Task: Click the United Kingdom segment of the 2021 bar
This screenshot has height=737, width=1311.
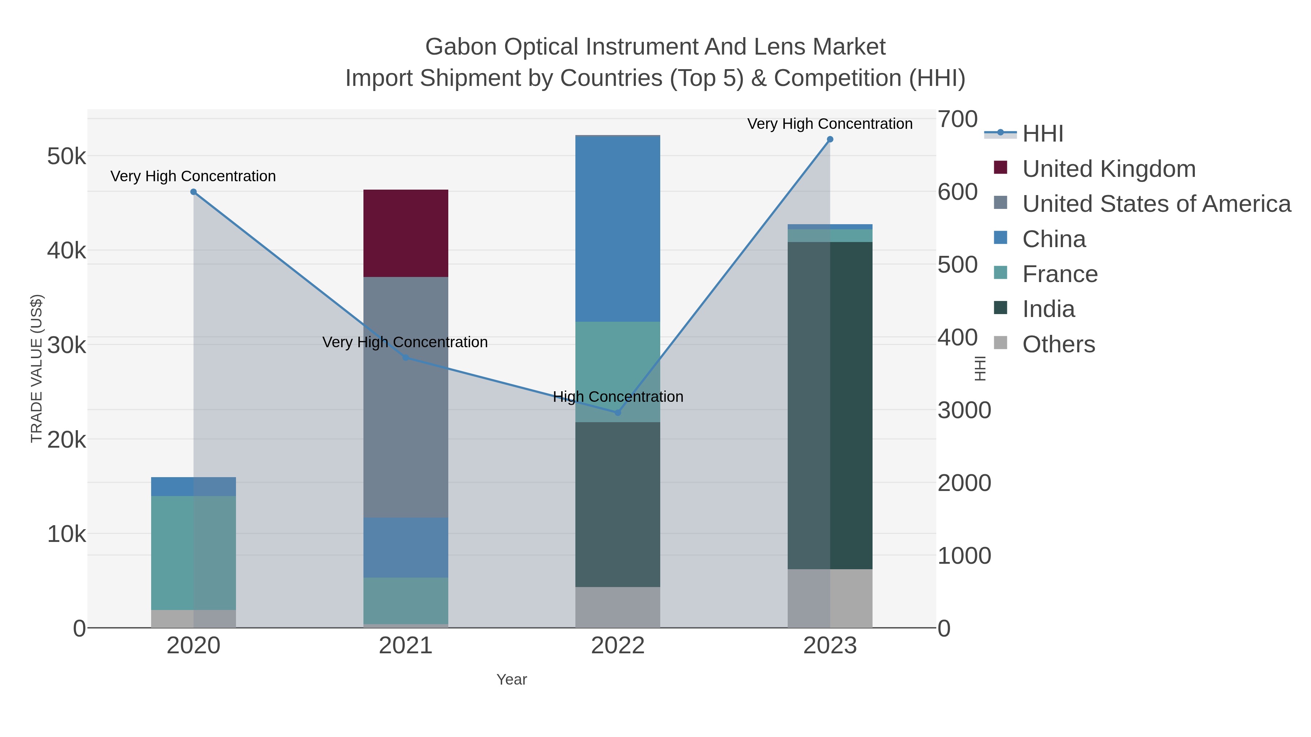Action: click(406, 233)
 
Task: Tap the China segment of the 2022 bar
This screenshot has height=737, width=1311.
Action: click(617, 229)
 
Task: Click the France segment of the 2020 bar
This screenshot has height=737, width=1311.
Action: click(193, 552)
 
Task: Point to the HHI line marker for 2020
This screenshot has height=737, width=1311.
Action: click(193, 192)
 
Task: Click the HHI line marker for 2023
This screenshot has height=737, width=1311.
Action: click(830, 139)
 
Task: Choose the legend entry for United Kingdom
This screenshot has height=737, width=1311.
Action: click(1109, 169)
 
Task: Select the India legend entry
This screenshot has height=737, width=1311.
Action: click(1048, 309)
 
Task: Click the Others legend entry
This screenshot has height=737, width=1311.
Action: click(1059, 344)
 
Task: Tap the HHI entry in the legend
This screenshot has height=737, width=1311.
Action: click(1042, 134)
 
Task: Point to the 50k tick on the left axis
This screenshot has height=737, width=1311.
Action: click(67, 156)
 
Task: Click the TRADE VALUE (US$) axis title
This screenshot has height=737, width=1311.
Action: click(37, 368)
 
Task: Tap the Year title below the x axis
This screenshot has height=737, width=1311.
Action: click(512, 679)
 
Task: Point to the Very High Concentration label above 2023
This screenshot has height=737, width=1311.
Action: click(830, 124)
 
